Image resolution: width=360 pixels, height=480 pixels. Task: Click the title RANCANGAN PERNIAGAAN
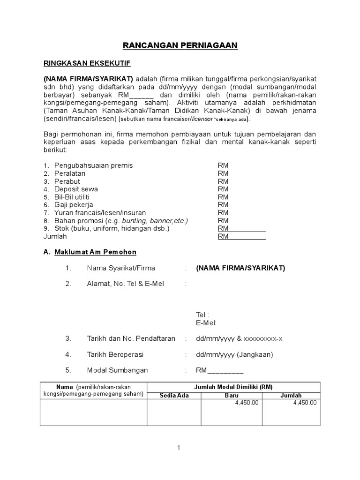click(180, 45)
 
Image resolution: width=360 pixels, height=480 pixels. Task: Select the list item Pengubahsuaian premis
click(93, 165)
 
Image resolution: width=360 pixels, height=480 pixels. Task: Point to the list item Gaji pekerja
click(74, 205)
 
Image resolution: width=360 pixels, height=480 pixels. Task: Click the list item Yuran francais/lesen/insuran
click(100, 213)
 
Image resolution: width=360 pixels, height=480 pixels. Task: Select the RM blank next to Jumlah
click(241, 237)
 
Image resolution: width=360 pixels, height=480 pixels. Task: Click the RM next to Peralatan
click(223, 173)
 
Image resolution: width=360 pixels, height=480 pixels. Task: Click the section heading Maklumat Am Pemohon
click(95, 252)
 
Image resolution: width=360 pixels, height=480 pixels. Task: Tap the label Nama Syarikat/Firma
click(120, 268)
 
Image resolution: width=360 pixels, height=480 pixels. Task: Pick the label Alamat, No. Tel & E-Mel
click(125, 284)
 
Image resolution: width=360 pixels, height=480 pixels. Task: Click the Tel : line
click(202, 315)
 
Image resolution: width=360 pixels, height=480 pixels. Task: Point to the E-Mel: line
click(206, 322)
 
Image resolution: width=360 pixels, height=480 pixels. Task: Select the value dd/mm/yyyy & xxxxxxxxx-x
click(239, 338)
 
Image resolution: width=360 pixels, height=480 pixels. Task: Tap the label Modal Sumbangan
click(117, 370)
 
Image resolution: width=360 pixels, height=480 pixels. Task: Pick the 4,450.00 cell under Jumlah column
click(305, 402)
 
